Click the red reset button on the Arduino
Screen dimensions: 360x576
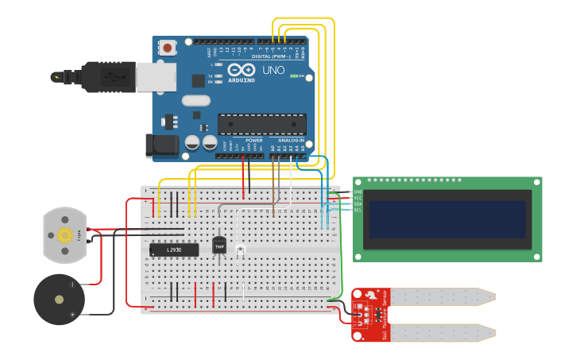pyautogui.click(x=168, y=48)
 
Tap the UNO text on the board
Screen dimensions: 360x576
pyautogui.click(x=273, y=71)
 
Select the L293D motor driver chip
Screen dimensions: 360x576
pyautogui.click(x=174, y=250)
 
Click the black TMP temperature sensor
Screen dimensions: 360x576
pyautogui.click(x=218, y=246)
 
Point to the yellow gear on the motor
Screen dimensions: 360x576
pyautogui.click(x=64, y=234)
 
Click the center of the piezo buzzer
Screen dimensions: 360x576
pyautogui.click(x=59, y=300)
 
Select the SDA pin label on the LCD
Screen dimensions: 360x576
pyautogui.click(x=358, y=203)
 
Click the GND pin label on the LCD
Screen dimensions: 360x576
pyautogui.click(x=358, y=192)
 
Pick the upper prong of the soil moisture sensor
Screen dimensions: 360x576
pyautogui.click(x=441, y=297)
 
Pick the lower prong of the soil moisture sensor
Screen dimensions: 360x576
pyautogui.click(x=441, y=331)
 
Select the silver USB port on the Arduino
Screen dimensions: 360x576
pyautogui.click(x=156, y=77)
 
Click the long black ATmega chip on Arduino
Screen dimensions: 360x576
pyautogui.click(x=261, y=125)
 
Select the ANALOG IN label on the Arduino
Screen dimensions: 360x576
pyautogui.click(x=290, y=141)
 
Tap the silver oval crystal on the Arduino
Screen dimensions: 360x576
pyautogui.click(x=195, y=101)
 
